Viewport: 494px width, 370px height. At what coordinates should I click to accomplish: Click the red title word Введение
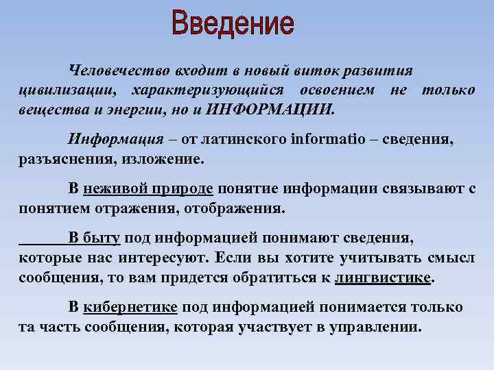(233, 25)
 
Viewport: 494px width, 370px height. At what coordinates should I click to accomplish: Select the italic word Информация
(115, 140)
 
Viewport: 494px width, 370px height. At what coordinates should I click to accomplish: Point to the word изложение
(164, 159)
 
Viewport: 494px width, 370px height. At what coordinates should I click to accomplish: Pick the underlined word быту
(102, 238)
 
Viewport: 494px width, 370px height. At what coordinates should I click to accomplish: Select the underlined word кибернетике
(130, 307)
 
